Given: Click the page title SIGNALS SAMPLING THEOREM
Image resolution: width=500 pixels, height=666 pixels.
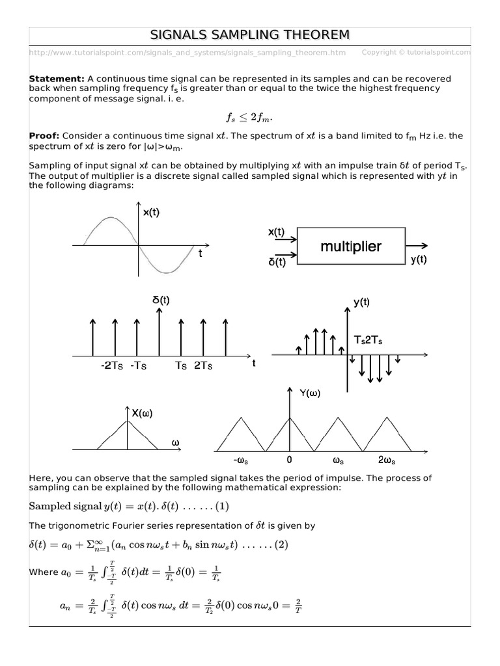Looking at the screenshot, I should pyautogui.click(x=250, y=34).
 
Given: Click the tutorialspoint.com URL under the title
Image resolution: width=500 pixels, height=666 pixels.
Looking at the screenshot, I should pyautogui.click(x=187, y=52).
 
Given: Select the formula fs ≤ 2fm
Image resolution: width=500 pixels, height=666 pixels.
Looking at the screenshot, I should pyautogui.click(x=250, y=117).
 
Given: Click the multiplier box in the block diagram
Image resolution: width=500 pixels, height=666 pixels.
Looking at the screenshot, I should pyautogui.click(x=350, y=246).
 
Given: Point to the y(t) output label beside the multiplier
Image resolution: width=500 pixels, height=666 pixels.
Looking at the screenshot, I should pyautogui.click(x=417, y=260).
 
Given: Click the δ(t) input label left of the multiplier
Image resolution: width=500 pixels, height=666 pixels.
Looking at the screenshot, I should pyautogui.click(x=276, y=262).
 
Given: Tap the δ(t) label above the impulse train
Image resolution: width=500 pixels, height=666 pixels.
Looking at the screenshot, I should pyautogui.click(x=161, y=300).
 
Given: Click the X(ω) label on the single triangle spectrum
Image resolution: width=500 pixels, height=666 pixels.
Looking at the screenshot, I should pyautogui.click(x=143, y=413).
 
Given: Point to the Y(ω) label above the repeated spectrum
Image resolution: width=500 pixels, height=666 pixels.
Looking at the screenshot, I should pyautogui.click(x=311, y=393).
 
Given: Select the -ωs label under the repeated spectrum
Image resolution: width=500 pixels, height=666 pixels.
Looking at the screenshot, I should pyautogui.click(x=238, y=460).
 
